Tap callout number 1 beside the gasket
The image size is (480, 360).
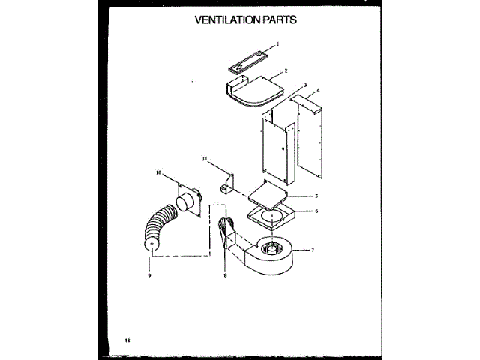(x=277, y=44)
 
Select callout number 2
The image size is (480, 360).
(x=286, y=73)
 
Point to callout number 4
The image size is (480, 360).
(x=318, y=90)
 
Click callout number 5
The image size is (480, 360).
(x=317, y=196)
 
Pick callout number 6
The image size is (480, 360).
(x=316, y=211)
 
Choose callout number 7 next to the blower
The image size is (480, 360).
(x=312, y=249)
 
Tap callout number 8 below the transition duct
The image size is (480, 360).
(x=224, y=276)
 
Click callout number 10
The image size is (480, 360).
(x=159, y=173)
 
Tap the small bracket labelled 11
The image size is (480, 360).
(x=226, y=184)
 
